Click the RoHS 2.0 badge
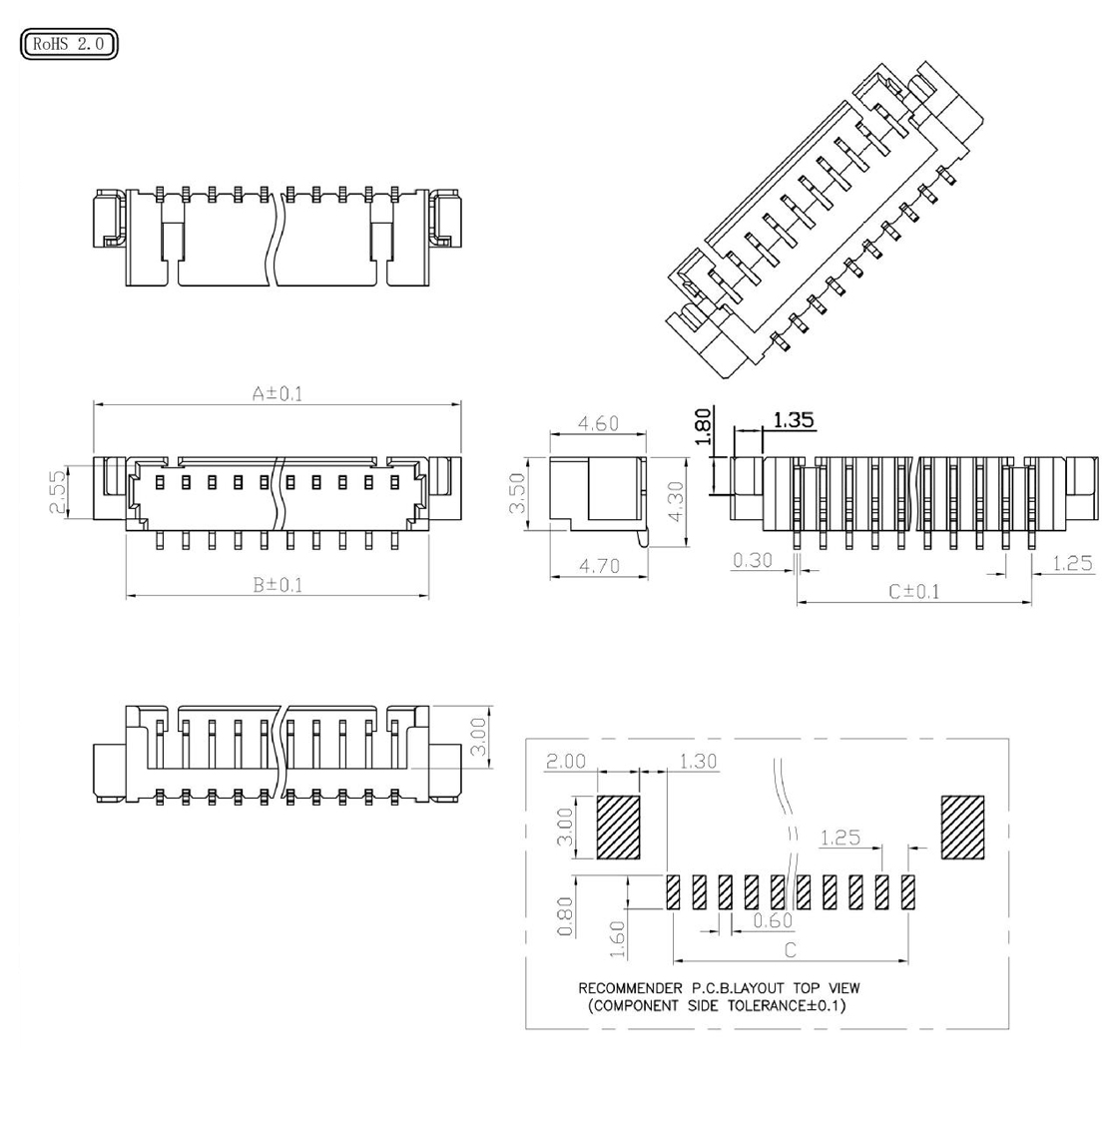69,44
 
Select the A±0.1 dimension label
277,393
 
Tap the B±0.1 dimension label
278,585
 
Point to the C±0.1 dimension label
914,592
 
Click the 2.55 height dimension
57,492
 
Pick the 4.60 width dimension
598,423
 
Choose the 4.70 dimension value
599,566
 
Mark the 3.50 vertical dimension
517,493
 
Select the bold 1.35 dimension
794,420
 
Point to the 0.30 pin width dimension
753,560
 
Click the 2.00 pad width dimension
566,761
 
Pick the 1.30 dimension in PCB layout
698,761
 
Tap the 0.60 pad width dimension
773,920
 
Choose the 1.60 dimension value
617,939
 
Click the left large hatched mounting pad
619,828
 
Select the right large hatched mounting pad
962,828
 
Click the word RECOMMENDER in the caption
630,988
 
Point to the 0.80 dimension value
565,915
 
